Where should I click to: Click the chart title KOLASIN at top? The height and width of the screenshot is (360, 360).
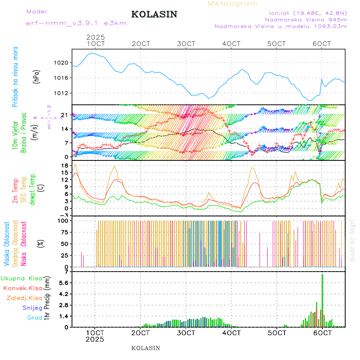click(154, 14)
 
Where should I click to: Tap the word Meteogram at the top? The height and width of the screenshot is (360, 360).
click(233, 4)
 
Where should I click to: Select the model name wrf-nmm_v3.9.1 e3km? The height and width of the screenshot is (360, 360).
click(76, 23)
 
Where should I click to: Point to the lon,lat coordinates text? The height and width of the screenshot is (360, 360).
click(308, 12)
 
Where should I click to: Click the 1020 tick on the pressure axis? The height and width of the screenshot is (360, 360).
click(62, 63)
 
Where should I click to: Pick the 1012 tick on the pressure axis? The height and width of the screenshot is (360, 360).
click(62, 93)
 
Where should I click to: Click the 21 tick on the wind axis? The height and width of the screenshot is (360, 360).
click(63, 115)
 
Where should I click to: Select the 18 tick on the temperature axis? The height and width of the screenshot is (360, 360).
click(63, 165)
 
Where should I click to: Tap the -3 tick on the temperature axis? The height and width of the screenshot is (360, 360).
click(63, 215)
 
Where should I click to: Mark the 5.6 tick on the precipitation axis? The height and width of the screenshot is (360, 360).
click(64, 283)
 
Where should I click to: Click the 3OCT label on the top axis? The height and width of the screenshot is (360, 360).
click(186, 44)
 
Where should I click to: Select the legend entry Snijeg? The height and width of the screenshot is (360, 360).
click(33, 308)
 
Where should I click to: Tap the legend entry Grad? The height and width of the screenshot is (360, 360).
click(34, 318)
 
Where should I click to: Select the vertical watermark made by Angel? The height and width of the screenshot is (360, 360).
click(352, 240)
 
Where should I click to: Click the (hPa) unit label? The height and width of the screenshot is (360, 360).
click(36, 77)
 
